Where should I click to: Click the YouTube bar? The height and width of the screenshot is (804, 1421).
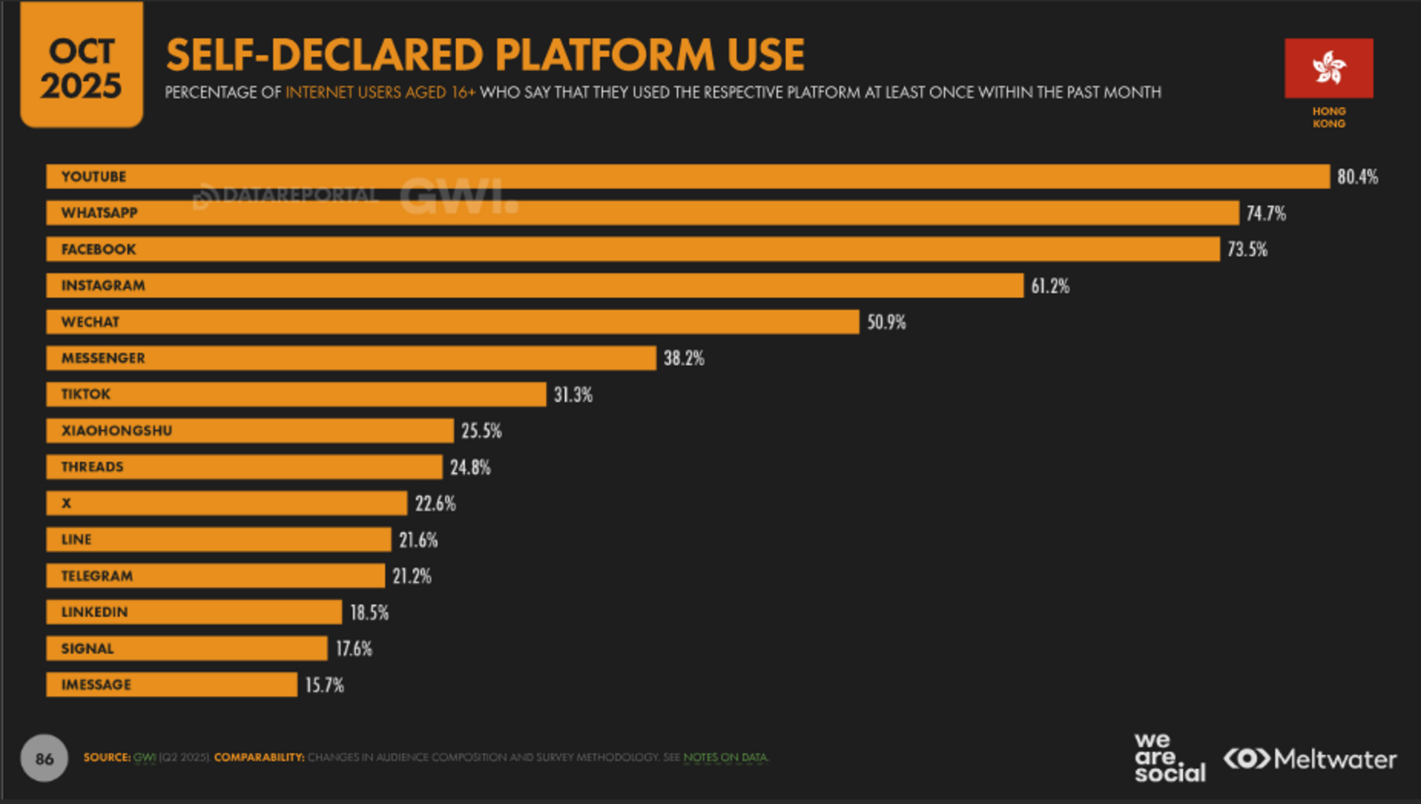(x=688, y=176)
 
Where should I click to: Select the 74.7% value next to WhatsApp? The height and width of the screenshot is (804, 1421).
(x=1266, y=213)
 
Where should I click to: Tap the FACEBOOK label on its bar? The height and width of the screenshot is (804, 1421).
(x=99, y=250)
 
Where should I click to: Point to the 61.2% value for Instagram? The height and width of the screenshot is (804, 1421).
(x=1050, y=286)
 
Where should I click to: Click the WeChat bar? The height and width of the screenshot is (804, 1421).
(x=453, y=322)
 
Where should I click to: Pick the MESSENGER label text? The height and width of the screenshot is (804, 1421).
(x=103, y=358)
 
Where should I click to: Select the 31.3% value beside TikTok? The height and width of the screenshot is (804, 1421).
(x=573, y=394)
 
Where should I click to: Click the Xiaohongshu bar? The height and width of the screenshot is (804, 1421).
(x=250, y=431)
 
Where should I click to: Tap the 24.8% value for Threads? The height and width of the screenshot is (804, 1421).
(x=470, y=467)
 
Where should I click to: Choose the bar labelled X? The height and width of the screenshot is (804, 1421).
(x=227, y=504)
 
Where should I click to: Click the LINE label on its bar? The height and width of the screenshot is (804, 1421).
(x=76, y=539)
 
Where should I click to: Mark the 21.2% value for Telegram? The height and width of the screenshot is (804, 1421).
(x=412, y=577)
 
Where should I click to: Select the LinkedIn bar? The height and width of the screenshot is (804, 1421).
(x=194, y=612)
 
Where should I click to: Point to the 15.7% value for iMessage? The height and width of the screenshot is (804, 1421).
(x=324, y=685)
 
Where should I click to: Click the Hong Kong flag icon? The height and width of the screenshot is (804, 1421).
(x=1329, y=68)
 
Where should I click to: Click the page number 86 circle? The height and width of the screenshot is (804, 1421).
(x=44, y=759)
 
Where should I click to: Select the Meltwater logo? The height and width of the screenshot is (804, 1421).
(x=1310, y=759)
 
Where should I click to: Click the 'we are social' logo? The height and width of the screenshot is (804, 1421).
(x=1169, y=757)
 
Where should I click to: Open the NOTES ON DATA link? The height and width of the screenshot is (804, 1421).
(x=725, y=758)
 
